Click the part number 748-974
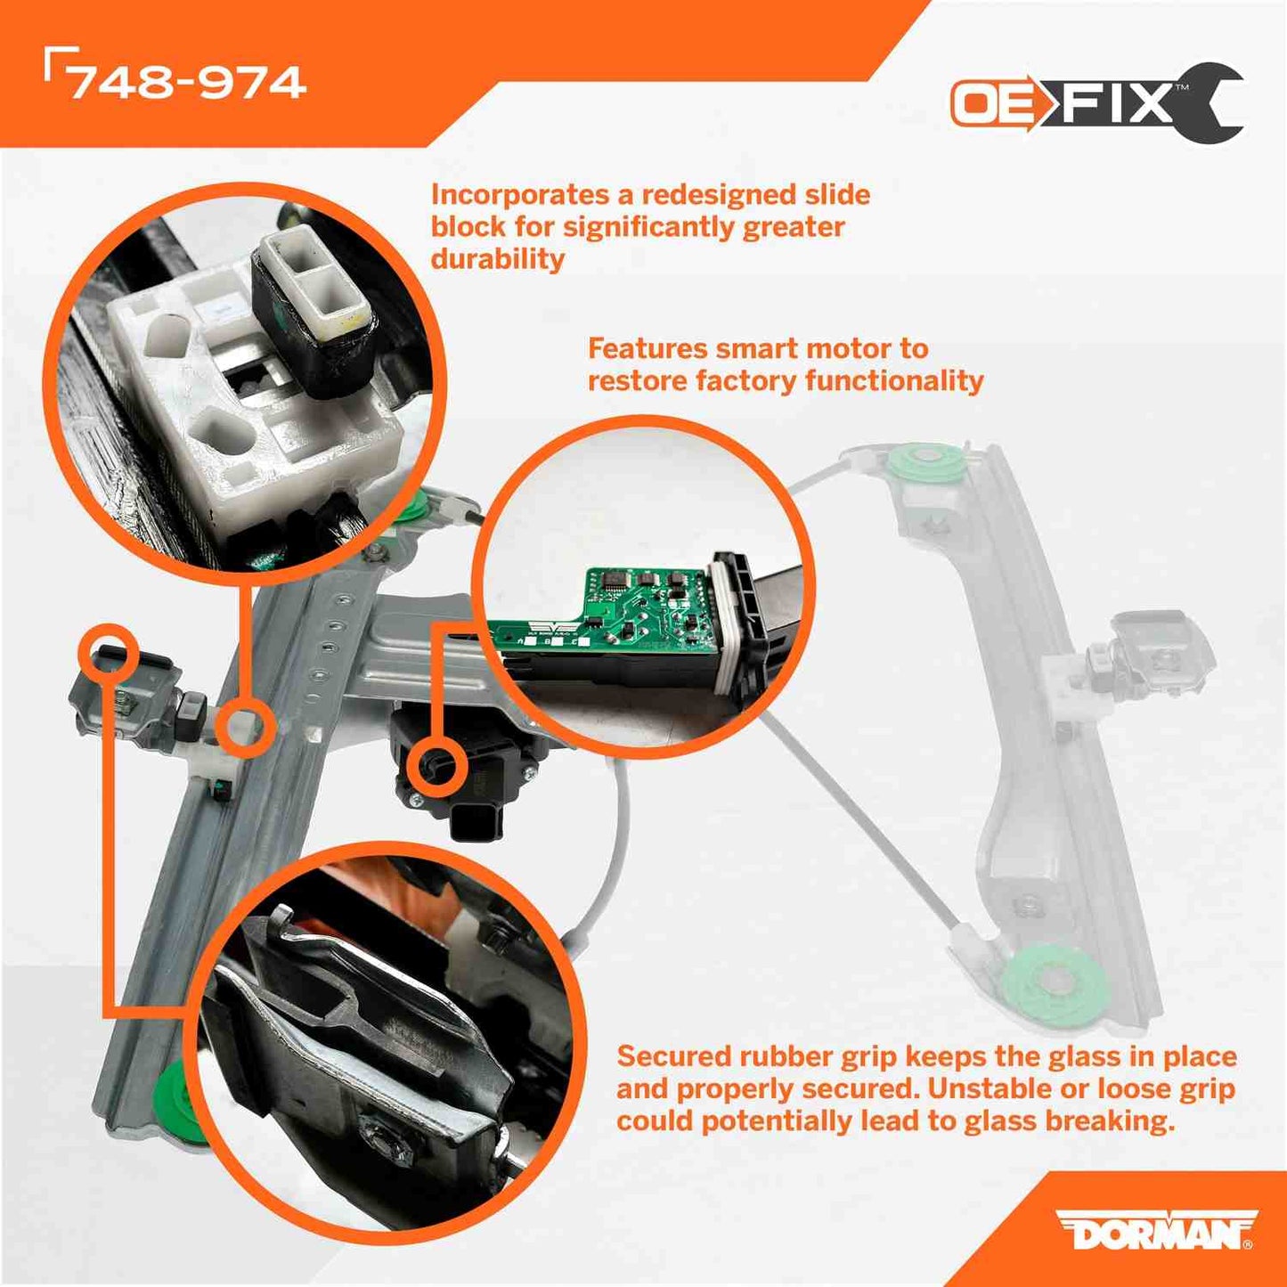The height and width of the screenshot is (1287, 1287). (187, 82)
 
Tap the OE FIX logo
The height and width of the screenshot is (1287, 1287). (1096, 103)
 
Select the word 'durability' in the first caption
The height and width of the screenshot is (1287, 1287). (498, 259)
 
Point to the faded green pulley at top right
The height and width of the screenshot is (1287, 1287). (927, 464)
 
